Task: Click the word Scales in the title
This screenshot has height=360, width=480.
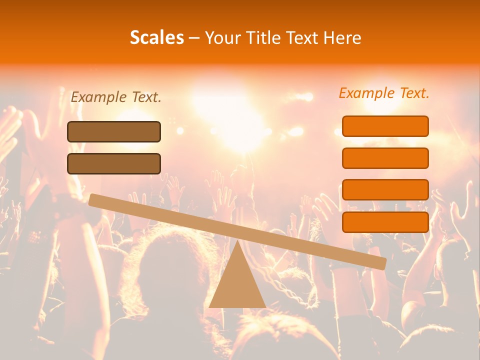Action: click(x=156, y=37)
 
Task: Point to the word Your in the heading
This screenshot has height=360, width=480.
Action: click(x=223, y=37)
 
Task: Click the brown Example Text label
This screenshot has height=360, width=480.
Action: click(x=116, y=97)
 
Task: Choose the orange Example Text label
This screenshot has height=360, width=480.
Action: click(x=384, y=93)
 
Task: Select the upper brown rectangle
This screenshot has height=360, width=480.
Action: click(x=114, y=131)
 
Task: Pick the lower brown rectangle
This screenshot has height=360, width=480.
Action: click(x=114, y=163)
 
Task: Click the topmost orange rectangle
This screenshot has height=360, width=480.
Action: click(x=385, y=126)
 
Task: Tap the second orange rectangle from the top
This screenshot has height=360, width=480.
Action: click(x=385, y=158)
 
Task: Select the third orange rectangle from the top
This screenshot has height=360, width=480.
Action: click(x=385, y=189)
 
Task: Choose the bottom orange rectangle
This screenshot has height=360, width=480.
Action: click(x=385, y=222)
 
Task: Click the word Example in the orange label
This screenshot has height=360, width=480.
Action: click(x=366, y=93)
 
